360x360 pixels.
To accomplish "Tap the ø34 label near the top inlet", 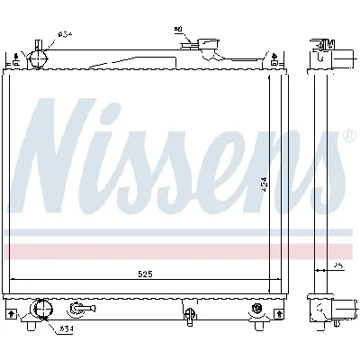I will pyautogui.click(x=65, y=34).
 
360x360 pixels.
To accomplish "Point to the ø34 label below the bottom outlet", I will pyautogui.click(x=67, y=329).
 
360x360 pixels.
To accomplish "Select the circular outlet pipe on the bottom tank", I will pyautogui.click(x=40, y=311).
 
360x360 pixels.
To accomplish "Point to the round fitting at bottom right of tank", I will pyautogui.click(x=259, y=310).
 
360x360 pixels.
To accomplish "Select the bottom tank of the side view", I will pyautogui.click(x=325, y=310).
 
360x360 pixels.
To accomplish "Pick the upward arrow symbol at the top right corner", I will pyautogui.click(x=274, y=61).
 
